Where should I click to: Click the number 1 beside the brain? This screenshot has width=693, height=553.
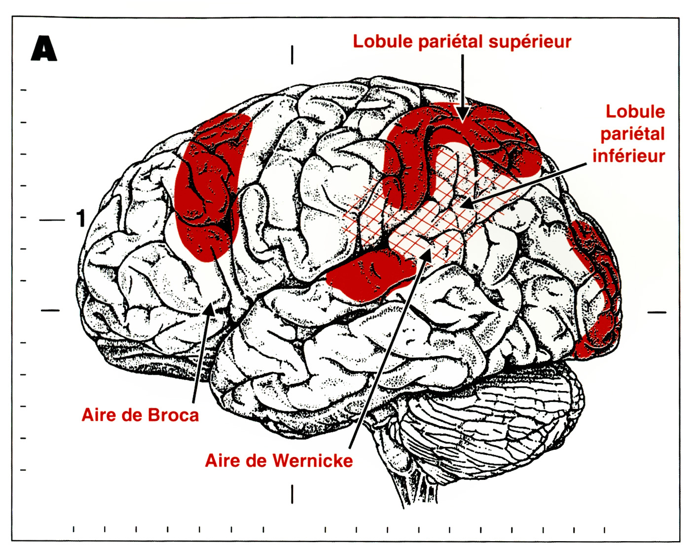point(81,218)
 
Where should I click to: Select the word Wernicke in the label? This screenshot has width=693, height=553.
point(313,461)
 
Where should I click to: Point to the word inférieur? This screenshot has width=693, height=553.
point(628,156)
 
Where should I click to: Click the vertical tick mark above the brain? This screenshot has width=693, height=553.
point(292,54)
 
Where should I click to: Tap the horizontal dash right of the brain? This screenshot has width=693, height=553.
point(656,312)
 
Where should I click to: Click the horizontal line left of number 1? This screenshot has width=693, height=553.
point(52,220)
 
